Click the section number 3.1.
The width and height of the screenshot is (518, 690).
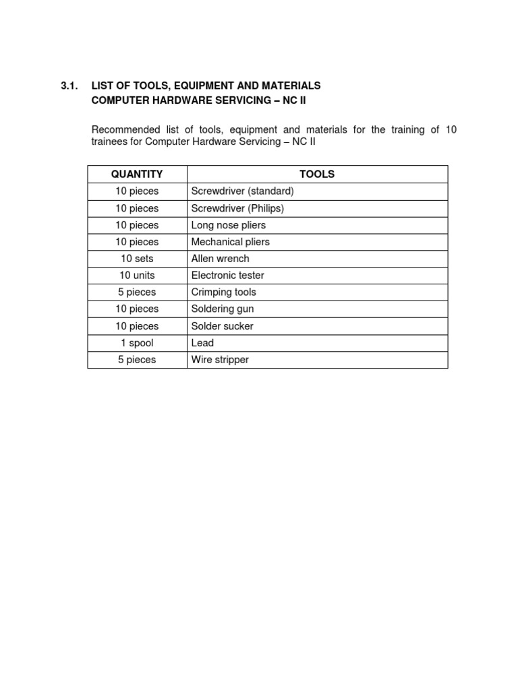(x=69, y=86)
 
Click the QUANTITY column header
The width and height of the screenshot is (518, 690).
(x=137, y=174)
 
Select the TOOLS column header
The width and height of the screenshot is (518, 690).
(x=317, y=174)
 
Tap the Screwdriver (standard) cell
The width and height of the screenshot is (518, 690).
(x=242, y=191)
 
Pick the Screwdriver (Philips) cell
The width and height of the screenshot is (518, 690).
(x=237, y=208)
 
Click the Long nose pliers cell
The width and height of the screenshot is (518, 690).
(x=228, y=225)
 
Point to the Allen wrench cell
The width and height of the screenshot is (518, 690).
(x=220, y=259)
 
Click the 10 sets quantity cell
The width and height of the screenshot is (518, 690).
(x=137, y=259)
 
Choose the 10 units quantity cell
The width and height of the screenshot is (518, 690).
(x=137, y=276)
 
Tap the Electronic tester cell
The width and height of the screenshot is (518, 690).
(x=227, y=276)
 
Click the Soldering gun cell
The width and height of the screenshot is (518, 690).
(x=222, y=309)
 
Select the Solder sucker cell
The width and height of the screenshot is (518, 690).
(x=222, y=326)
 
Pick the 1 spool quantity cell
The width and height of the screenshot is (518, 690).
(x=137, y=343)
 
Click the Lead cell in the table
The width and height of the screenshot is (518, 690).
(x=202, y=343)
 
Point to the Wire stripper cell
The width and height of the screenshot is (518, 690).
(x=220, y=360)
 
